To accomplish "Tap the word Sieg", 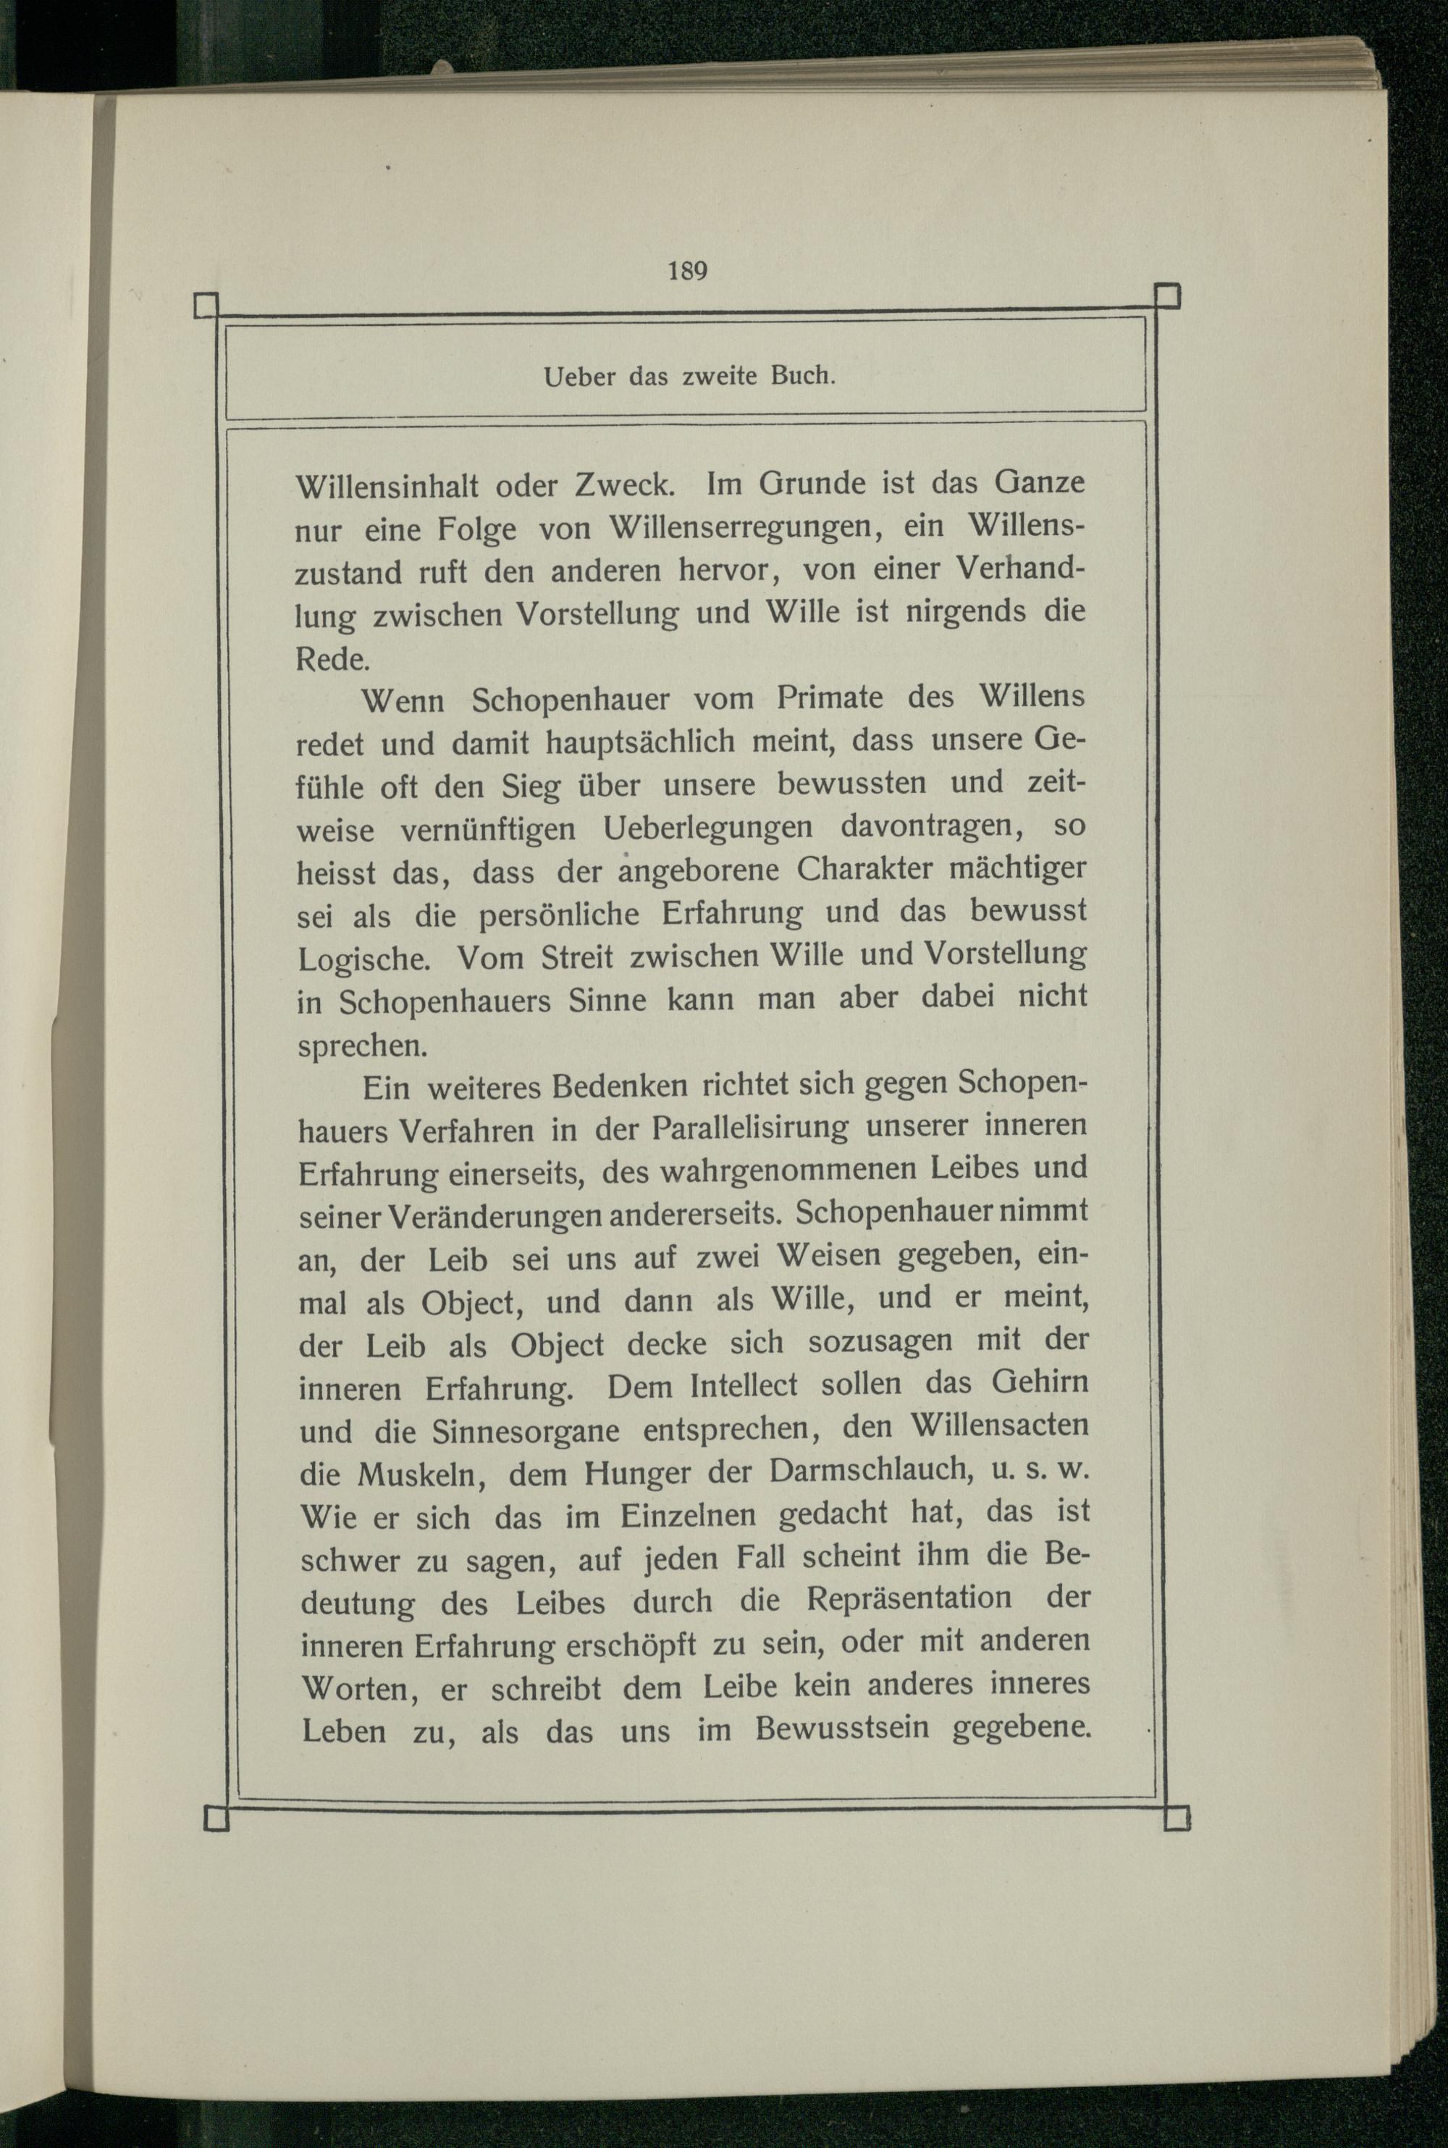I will (x=530, y=786).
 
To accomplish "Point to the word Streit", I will (x=576, y=957).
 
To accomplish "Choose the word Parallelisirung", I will (x=750, y=1128).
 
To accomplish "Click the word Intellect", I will (x=743, y=1386).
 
